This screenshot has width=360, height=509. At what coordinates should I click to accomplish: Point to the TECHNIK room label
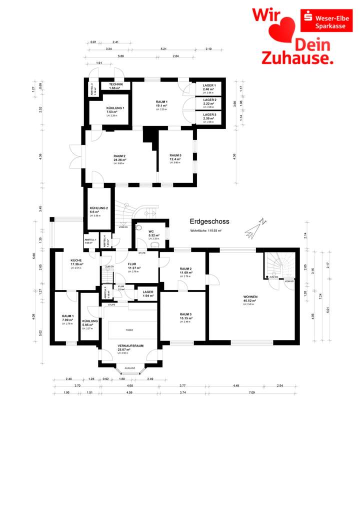click(116, 85)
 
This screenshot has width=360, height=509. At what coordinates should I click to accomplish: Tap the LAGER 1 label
click(209, 85)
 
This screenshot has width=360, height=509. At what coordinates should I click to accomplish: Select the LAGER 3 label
click(209, 114)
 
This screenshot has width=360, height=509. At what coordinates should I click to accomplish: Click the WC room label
click(150, 231)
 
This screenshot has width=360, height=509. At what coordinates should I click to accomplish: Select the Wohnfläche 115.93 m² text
click(206, 231)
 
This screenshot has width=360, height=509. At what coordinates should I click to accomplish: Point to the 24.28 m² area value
click(119, 160)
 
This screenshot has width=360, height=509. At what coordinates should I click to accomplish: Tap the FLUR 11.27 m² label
click(134, 268)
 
